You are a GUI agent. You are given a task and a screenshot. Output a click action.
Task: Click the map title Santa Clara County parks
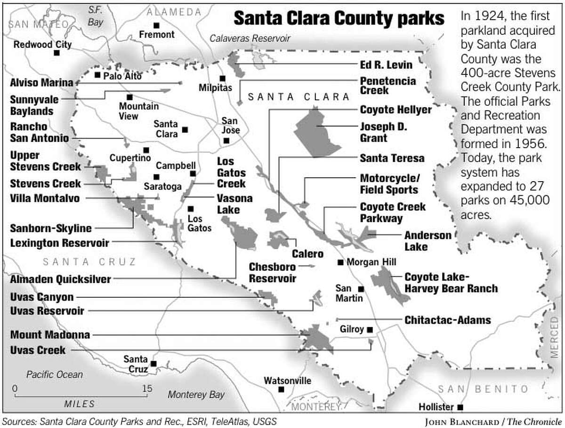coord(339,19)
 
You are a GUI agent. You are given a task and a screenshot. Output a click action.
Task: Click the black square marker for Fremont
coord(157,25)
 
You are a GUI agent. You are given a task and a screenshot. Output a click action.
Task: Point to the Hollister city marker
coord(460,407)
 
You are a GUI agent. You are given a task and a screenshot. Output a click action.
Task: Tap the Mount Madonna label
coord(50,335)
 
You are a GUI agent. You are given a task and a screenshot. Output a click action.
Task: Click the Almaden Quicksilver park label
coord(60,279)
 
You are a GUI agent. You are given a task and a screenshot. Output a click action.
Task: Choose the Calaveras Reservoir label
coord(250,39)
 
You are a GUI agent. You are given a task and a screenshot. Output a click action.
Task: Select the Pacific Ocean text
coord(54,375)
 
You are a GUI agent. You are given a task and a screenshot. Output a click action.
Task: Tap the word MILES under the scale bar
coord(79,404)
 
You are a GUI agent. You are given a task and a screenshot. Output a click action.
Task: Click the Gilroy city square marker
coord(370,330)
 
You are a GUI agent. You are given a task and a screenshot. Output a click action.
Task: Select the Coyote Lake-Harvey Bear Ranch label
coord(451,282)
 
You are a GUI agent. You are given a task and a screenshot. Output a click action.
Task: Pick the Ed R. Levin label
coord(386,65)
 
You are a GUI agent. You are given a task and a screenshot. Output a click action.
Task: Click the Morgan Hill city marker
coord(340,262)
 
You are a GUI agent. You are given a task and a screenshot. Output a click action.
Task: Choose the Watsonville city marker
coord(281,389)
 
